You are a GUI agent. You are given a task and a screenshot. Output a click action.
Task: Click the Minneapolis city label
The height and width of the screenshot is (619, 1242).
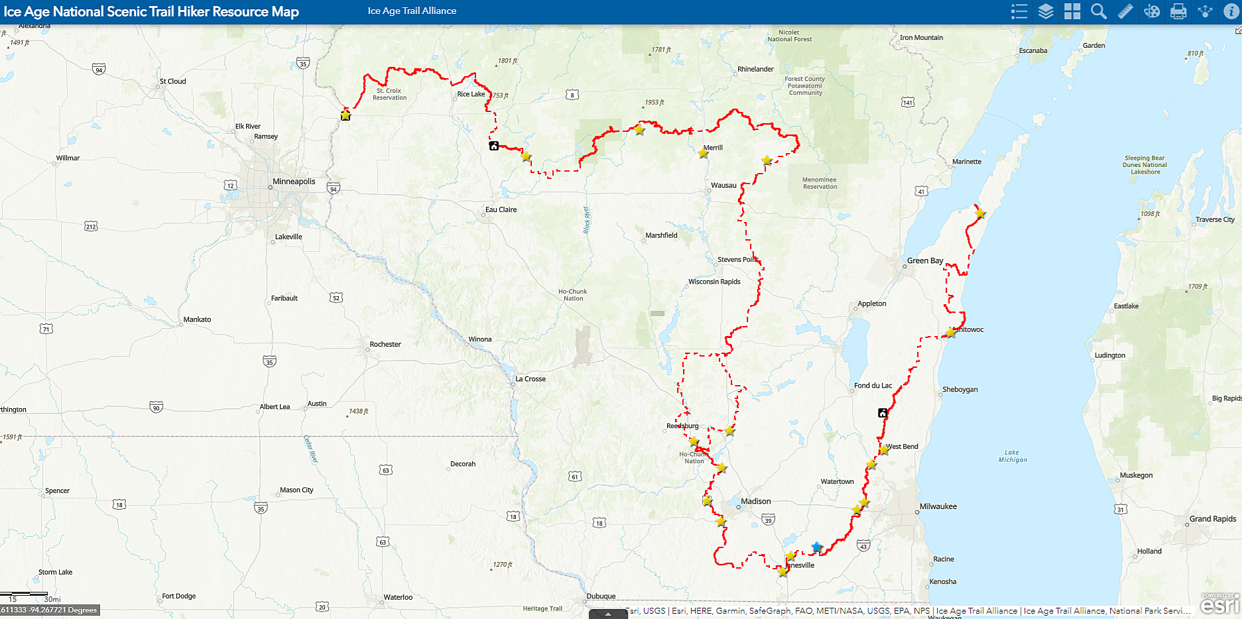(x=294, y=182)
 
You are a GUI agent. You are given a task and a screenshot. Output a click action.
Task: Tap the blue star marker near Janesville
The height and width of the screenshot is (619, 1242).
(x=816, y=547)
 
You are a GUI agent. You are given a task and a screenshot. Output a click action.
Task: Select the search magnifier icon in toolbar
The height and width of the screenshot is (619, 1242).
(x=1099, y=11)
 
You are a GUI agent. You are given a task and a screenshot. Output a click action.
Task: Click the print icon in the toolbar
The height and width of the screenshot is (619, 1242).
(x=1178, y=11)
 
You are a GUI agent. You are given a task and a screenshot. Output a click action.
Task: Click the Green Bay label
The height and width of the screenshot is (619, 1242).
(x=924, y=260)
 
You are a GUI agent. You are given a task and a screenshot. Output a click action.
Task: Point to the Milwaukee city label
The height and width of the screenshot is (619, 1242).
(x=938, y=506)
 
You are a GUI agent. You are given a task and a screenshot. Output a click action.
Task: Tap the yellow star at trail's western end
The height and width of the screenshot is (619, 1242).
(x=345, y=115)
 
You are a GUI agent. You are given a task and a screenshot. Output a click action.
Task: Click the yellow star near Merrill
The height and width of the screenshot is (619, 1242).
(x=703, y=153)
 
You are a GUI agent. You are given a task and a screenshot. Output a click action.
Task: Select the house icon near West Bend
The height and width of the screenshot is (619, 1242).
(x=883, y=413)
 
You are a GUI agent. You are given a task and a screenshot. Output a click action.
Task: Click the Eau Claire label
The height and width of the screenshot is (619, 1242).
(x=501, y=209)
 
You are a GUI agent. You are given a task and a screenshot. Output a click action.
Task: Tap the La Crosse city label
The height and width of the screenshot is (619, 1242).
(x=530, y=379)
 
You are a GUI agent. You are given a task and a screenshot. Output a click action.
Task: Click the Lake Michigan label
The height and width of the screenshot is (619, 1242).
(x=1013, y=456)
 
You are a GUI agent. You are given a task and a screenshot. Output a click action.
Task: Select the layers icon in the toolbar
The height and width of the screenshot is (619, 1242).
(x=1046, y=11)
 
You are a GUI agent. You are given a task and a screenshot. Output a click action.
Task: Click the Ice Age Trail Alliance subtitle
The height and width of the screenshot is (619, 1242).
(x=412, y=11)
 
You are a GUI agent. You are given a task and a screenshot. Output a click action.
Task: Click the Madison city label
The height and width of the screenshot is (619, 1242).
(x=755, y=502)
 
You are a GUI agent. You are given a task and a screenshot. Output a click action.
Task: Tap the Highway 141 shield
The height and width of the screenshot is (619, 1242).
(x=908, y=102)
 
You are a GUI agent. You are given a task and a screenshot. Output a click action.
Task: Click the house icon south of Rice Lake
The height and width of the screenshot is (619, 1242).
(x=494, y=146)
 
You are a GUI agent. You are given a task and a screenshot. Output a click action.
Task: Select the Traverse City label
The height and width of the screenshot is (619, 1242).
(x=1214, y=220)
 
